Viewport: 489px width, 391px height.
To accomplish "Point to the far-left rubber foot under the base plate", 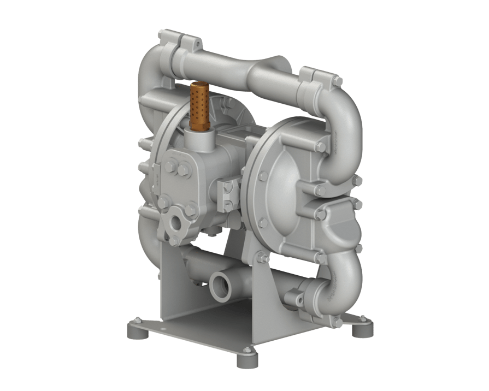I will pos(135,330).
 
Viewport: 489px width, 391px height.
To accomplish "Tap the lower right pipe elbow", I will pos(344,273).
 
